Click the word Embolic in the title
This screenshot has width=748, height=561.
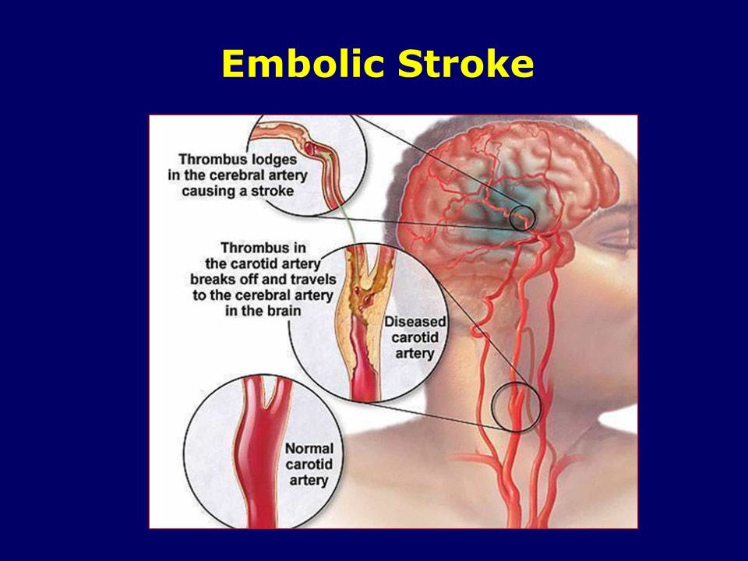303,63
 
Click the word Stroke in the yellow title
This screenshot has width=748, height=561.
465,63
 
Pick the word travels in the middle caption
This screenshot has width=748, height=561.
306,279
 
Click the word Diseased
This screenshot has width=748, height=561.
415,322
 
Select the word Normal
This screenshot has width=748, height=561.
309,449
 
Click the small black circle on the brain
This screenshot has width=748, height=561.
522,217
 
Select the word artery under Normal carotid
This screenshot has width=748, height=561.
309,481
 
